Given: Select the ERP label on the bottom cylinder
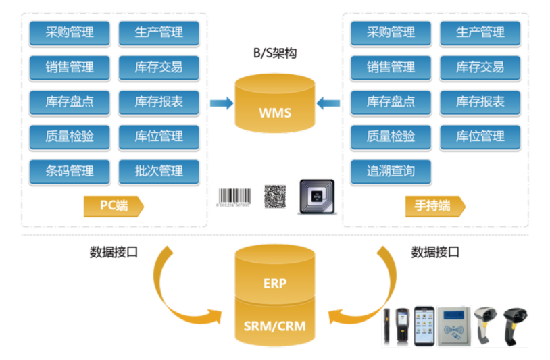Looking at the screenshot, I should pos(274,283).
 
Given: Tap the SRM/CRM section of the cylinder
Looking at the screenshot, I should pos(274,326).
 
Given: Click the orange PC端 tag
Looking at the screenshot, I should pos(114,206).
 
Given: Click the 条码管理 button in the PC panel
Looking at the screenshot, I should pos(69,171).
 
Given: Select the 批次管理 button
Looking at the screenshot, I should pos(159,171).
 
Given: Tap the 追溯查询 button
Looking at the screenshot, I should pos(391,171).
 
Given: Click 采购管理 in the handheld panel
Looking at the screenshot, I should pos(391,32).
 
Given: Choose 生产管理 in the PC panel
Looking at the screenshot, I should pos(159,32).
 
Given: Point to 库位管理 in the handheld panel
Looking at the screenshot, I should pos(480,136).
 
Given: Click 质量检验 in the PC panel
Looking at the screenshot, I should pos(69,136).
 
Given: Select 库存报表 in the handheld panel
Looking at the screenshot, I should pos(480,101).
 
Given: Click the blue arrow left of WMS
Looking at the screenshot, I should pos(221,103).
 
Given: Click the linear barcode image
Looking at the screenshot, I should pos(234,197).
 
